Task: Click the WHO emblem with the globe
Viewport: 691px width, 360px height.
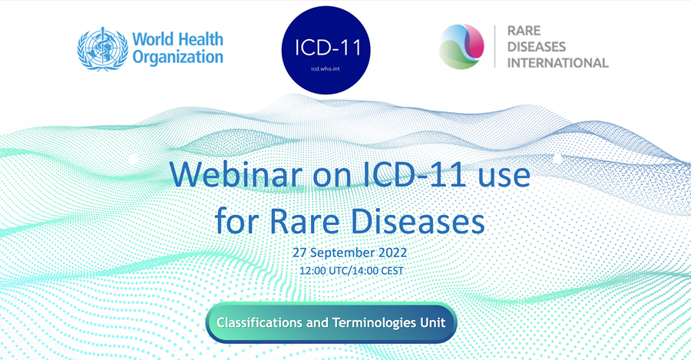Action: (102, 48)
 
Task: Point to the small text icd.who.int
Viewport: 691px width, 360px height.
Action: (326, 68)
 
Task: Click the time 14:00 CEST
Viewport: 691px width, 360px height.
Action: (375, 271)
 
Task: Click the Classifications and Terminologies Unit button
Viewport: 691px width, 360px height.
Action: (331, 322)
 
